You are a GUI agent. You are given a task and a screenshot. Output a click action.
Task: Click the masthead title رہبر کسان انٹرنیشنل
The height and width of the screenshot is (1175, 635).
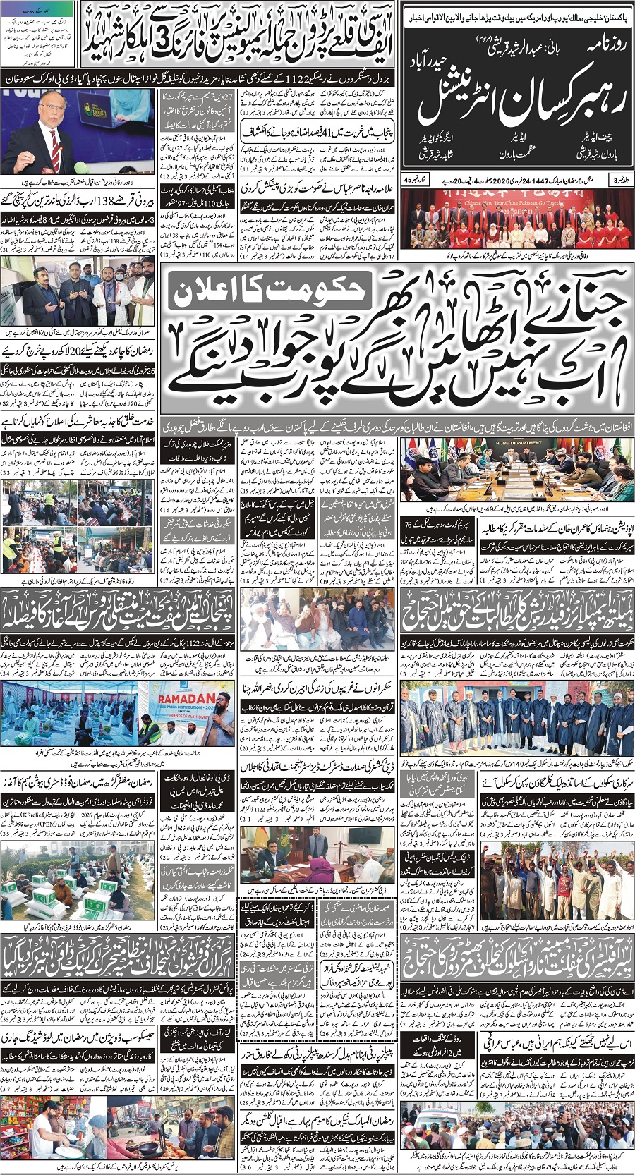[x=519, y=102]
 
